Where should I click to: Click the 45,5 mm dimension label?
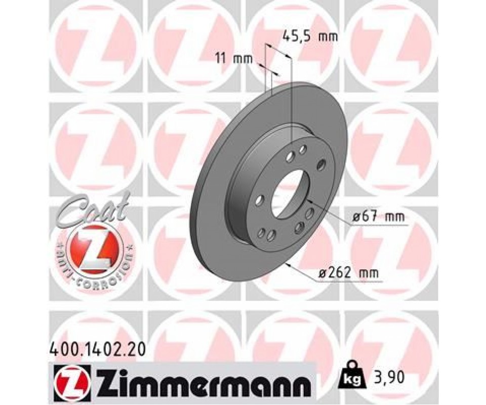tap(310, 37)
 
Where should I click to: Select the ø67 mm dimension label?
tap(379, 217)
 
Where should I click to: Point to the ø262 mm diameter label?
tap(349, 273)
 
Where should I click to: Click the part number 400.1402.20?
tap(96, 350)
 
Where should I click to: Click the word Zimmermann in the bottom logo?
tap(202, 378)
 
